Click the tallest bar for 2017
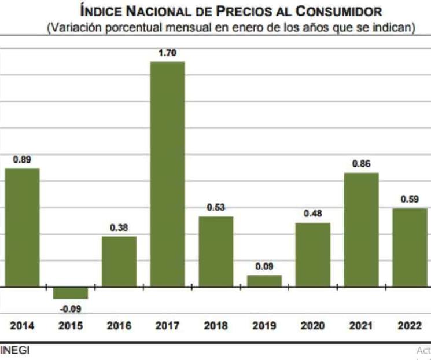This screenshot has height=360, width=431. [167, 174]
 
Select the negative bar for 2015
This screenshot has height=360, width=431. [71, 292]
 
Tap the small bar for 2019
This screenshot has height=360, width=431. [264, 281]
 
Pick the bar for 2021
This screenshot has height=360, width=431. [361, 229]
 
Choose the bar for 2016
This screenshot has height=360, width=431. [119, 261]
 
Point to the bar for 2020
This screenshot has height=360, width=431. [312, 254]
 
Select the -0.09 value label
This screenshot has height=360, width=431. [71, 307]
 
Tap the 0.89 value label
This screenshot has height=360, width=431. [22, 160]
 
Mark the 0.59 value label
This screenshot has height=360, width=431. [410, 200]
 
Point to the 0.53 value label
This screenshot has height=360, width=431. [216, 208]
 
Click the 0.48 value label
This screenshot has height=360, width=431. [312, 214]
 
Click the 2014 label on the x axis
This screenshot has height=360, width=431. [22, 326]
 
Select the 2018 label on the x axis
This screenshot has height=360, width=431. [216, 326]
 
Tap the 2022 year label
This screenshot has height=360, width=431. [410, 326]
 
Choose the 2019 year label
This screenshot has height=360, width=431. [264, 326]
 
